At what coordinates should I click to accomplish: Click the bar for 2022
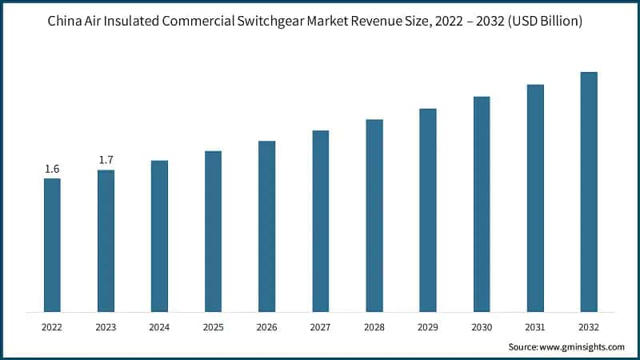coord(52,245)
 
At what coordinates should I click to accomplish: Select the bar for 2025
coord(213,231)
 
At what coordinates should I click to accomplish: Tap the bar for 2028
coord(374,215)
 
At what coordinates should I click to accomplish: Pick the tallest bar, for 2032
coord(589,192)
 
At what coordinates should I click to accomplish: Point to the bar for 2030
coord(482,204)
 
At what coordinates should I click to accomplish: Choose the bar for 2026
coord(266,226)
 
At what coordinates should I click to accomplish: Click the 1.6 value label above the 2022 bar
coord(52,169)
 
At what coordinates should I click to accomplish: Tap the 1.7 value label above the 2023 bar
coord(106,161)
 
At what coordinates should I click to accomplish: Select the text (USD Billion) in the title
coord(541,22)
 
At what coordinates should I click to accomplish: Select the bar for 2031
coord(535,198)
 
